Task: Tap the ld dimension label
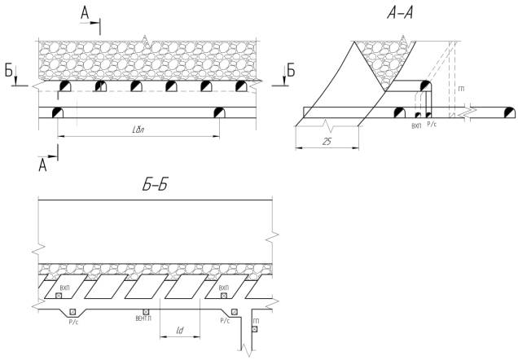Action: (x=180, y=330)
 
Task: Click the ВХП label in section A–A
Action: (x=417, y=126)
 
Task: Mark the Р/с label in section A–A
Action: (x=432, y=126)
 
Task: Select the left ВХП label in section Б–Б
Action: (x=65, y=288)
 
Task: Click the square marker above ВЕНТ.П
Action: (x=146, y=311)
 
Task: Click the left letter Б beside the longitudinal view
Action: (x=8, y=72)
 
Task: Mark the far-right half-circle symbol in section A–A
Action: (x=509, y=112)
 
